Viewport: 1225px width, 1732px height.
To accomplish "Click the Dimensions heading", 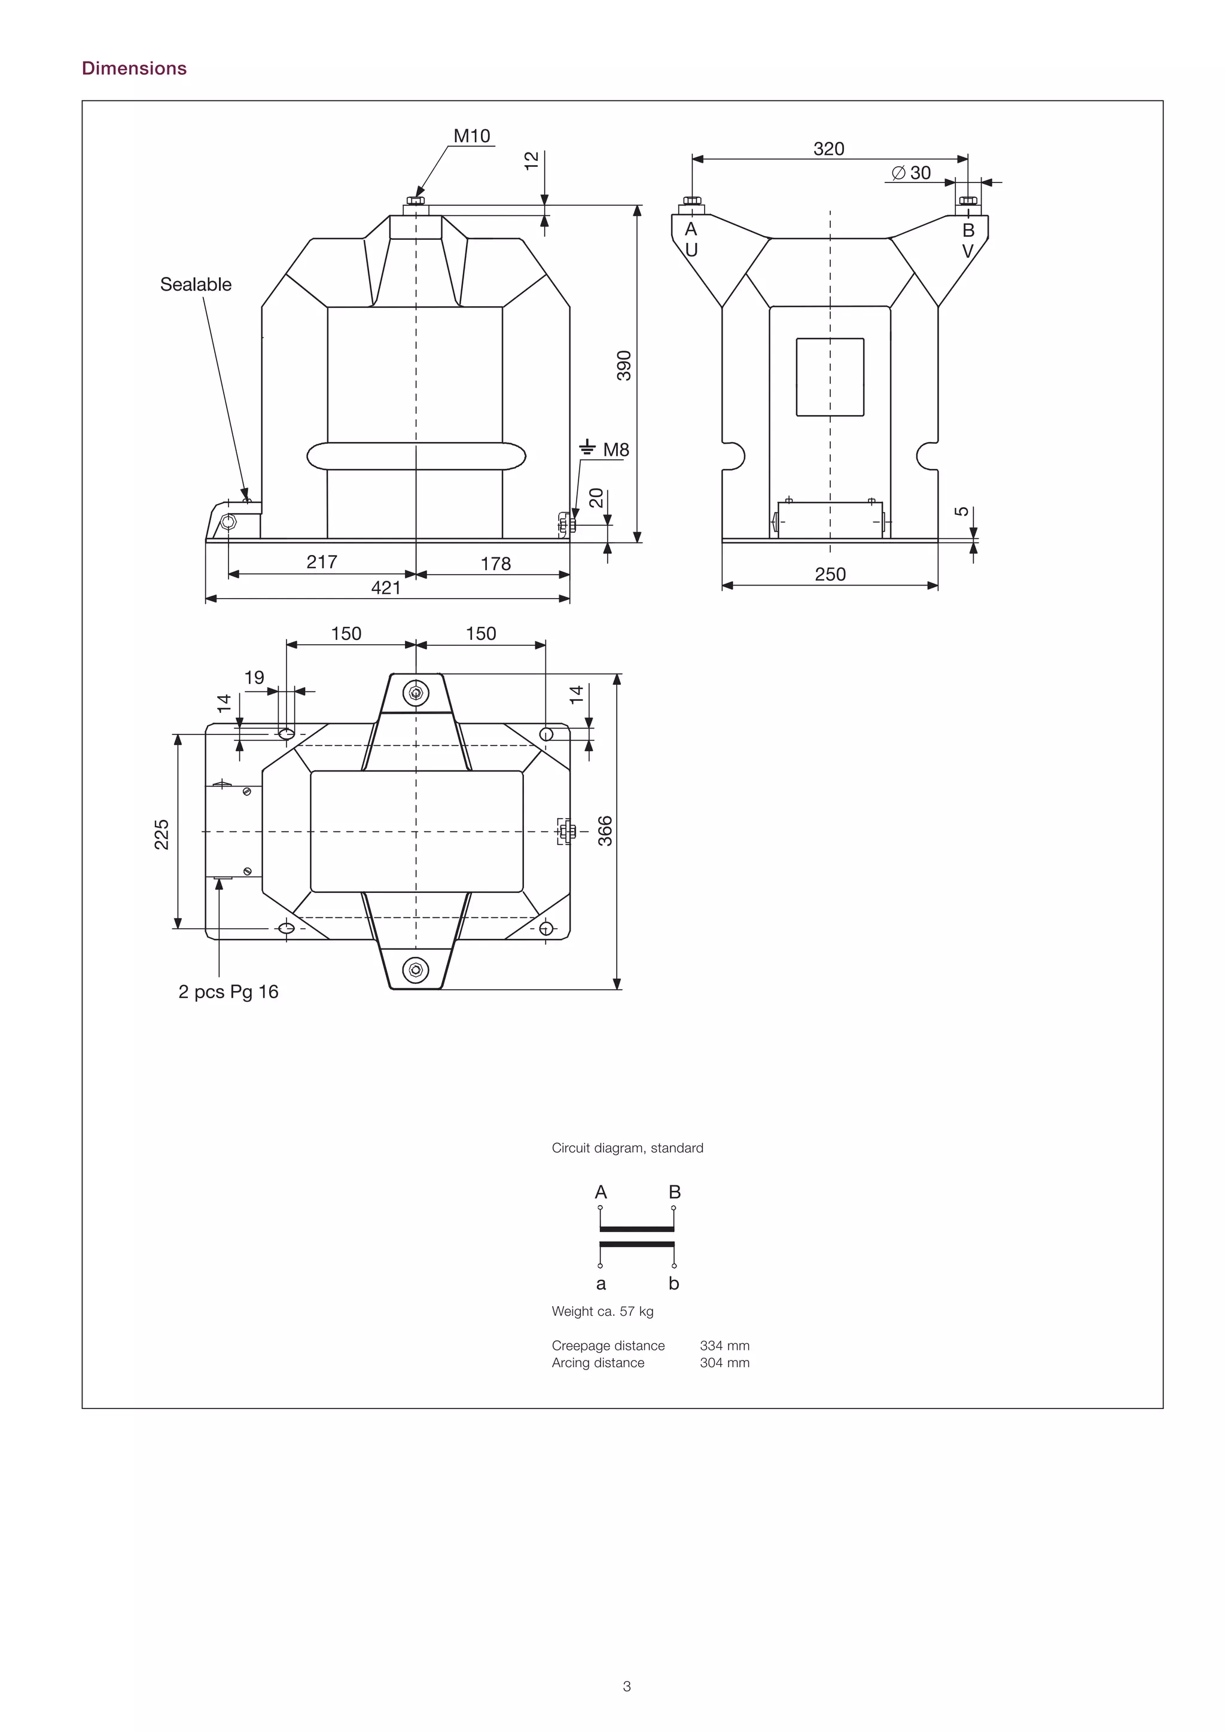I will point(134,68).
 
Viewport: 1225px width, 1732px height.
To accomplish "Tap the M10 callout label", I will point(471,136).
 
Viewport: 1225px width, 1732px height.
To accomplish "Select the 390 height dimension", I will point(624,366).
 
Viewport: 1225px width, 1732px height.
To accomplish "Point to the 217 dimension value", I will point(321,562).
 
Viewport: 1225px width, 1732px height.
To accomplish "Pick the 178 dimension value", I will point(496,563).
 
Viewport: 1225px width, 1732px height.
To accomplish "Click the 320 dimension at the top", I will point(828,148).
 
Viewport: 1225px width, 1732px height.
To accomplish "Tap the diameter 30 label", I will point(911,173).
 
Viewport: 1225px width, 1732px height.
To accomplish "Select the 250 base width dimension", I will point(830,574).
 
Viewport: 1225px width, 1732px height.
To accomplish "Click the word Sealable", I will point(196,285).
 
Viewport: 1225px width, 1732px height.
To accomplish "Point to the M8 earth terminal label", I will point(615,450).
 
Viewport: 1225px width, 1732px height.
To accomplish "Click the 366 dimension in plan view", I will point(605,831).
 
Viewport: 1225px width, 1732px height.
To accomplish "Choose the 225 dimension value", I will point(161,834).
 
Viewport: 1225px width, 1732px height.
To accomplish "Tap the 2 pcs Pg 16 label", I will point(228,992).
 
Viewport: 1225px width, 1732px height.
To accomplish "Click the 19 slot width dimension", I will point(254,678).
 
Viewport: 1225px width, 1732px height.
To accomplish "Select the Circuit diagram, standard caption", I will point(627,1148).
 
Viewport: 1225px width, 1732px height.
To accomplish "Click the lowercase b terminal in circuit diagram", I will point(674,1283).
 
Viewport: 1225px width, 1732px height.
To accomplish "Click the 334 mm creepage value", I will point(724,1346).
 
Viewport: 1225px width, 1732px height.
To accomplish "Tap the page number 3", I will point(627,1686).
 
